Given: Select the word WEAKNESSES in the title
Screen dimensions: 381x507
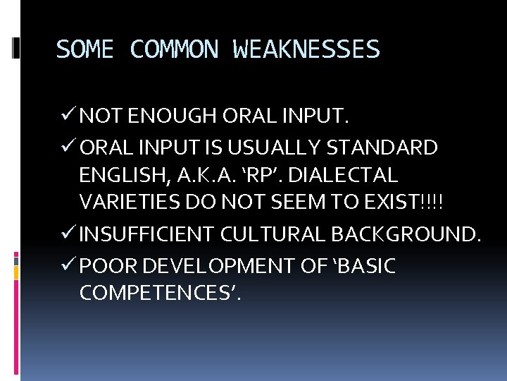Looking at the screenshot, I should coord(306,49).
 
